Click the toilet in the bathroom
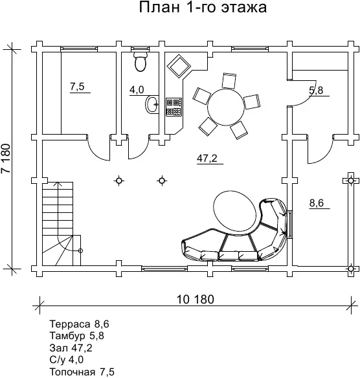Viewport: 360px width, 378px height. tap(140, 61)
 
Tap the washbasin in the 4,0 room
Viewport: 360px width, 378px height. tap(152, 104)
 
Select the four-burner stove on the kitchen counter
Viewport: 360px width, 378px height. tap(174, 107)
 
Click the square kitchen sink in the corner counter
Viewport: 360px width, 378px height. tap(179, 66)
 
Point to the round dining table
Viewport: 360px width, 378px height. tap(226, 107)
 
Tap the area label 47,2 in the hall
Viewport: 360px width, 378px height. tap(207, 159)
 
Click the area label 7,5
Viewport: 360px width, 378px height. tap(77, 86)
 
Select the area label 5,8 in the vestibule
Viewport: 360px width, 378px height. tap(316, 91)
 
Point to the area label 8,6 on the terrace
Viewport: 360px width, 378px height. tap(317, 203)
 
